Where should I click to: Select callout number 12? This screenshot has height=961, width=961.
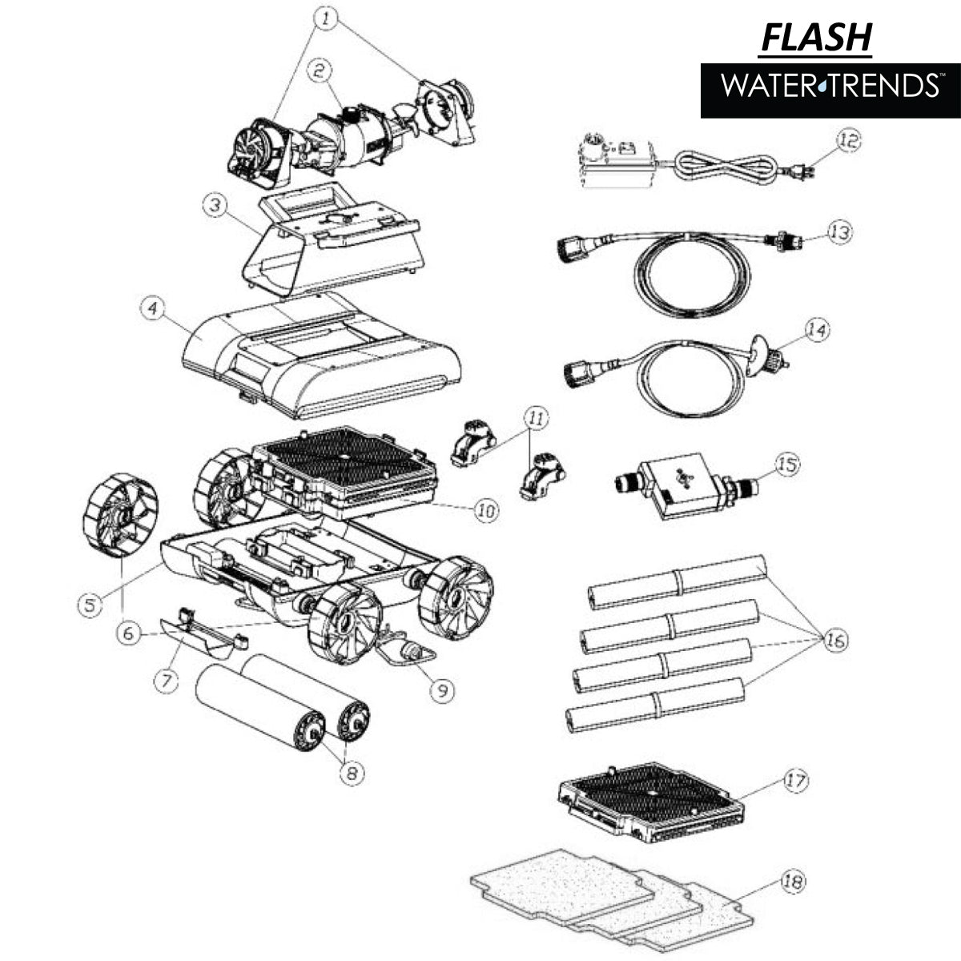[x=849, y=140]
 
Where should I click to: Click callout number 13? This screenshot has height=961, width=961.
[x=838, y=233]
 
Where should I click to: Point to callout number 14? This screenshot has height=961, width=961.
[x=816, y=331]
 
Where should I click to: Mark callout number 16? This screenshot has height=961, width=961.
[x=834, y=641]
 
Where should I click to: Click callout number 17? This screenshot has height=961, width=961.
[x=796, y=781]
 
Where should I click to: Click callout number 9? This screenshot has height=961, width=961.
[x=441, y=690]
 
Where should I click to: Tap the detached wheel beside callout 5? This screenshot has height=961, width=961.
[x=120, y=517]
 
